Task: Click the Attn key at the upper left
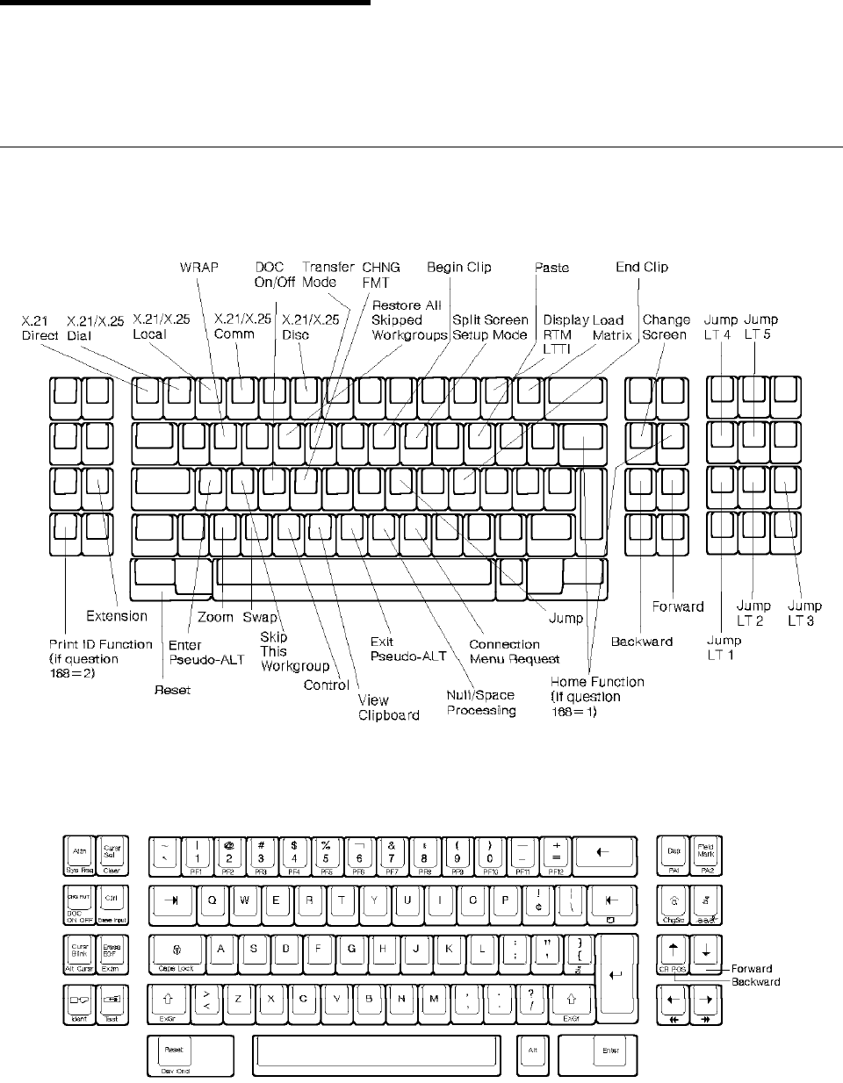[x=79, y=853]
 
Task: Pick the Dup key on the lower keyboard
[x=674, y=853]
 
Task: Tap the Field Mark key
[x=706, y=853]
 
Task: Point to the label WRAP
[x=198, y=267]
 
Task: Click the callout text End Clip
[x=642, y=267]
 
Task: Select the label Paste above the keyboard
[x=551, y=267]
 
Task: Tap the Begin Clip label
[x=458, y=267]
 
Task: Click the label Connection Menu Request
[x=505, y=651]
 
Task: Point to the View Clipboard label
[x=388, y=707]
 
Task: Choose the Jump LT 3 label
[x=804, y=613]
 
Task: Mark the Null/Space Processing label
[x=481, y=702]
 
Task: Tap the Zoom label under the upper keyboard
[x=215, y=616]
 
